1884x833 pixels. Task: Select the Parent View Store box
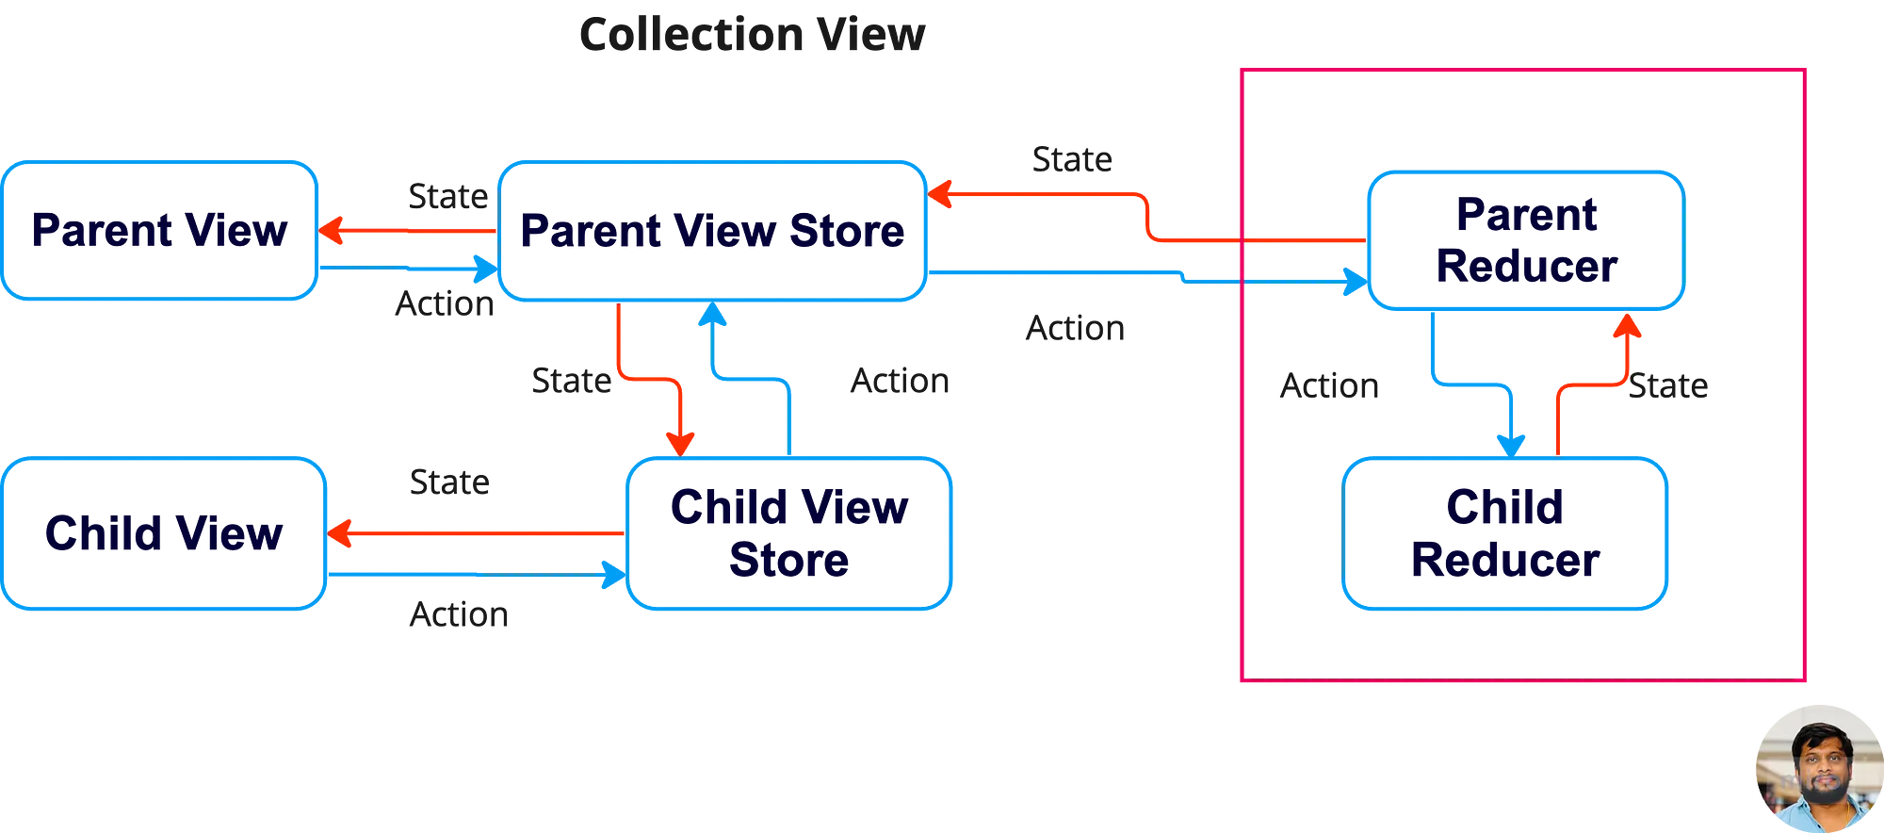[x=712, y=231]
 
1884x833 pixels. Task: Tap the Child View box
[x=164, y=533]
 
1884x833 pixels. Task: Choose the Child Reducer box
[x=1503, y=534]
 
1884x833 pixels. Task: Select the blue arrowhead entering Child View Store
[x=613, y=572]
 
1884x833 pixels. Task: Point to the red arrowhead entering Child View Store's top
[x=680, y=441]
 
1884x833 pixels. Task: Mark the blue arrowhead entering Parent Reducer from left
[x=1355, y=280]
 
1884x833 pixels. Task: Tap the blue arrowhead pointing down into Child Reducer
[x=1512, y=441]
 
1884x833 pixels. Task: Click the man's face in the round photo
[x=1817, y=765]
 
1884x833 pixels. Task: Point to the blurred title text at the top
[x=751, y=36]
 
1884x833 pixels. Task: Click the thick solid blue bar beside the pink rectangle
[x=1008, y=426]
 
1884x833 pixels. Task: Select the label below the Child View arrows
[x=460, y=616]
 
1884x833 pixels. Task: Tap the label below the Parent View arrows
[x=443, y=308]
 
